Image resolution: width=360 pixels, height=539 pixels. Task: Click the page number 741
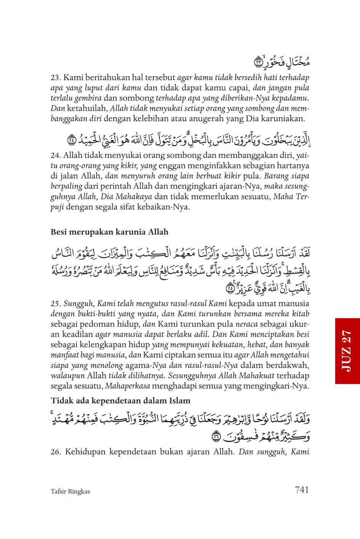coord(302,490)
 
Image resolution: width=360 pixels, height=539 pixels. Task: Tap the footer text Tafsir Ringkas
coord(70,491)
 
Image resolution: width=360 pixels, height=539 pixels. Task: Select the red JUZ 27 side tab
coord(347,351)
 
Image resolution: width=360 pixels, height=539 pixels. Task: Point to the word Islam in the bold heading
coord(179,401)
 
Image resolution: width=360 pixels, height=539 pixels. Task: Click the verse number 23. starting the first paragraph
coord(56,78)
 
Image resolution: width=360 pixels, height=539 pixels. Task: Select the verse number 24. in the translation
coord(56,155)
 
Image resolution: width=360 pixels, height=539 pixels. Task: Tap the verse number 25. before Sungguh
coord(56,304)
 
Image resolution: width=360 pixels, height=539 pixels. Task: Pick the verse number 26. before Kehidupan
coord(56,452)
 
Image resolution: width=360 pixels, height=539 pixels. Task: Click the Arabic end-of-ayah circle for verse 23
coord(259,62)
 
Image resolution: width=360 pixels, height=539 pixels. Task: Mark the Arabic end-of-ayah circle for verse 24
coord(72,140)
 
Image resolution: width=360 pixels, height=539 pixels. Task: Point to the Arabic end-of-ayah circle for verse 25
coord(230,288)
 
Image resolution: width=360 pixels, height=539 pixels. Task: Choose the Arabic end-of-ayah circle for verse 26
coord(216,437)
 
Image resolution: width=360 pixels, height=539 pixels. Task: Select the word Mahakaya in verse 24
coord(134,197)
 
